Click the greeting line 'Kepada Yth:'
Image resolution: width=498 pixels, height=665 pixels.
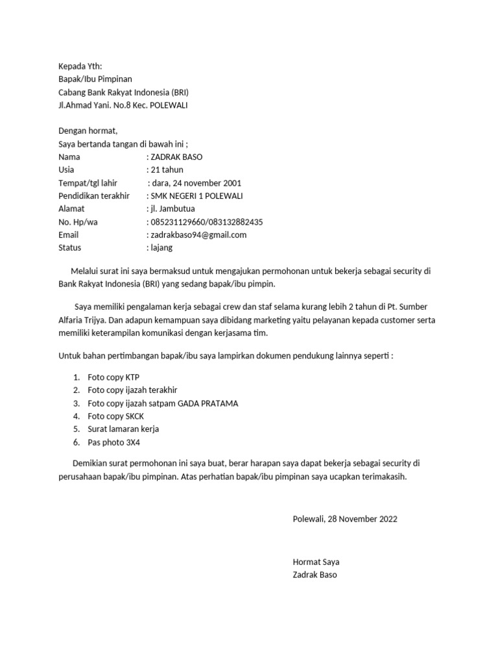(80, 66)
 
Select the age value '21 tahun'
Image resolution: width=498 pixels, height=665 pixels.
(167, 170)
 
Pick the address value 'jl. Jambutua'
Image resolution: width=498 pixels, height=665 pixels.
(172, 209)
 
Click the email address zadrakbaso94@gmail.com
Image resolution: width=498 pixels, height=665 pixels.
(198, 235)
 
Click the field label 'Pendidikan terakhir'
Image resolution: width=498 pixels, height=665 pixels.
(94, 196)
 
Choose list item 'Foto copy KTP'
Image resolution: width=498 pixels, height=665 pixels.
(113, 377)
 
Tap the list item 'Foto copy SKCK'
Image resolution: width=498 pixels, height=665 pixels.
(115, 416)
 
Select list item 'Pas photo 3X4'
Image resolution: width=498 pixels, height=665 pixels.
(114, 442)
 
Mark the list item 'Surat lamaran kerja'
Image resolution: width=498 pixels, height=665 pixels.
(123, 429)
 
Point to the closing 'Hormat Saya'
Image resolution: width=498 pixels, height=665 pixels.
(316, 562)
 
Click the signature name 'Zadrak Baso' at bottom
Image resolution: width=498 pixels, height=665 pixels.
(315, 575)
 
